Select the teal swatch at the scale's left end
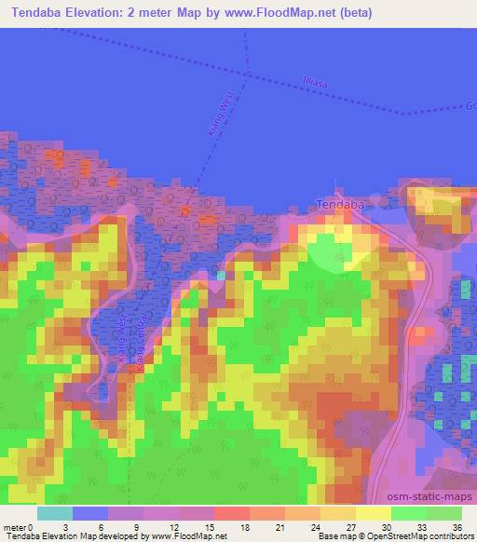point(55,512)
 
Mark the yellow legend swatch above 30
point(374,512)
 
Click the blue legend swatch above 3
point(90,512)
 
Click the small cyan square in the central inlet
point(220,275)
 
